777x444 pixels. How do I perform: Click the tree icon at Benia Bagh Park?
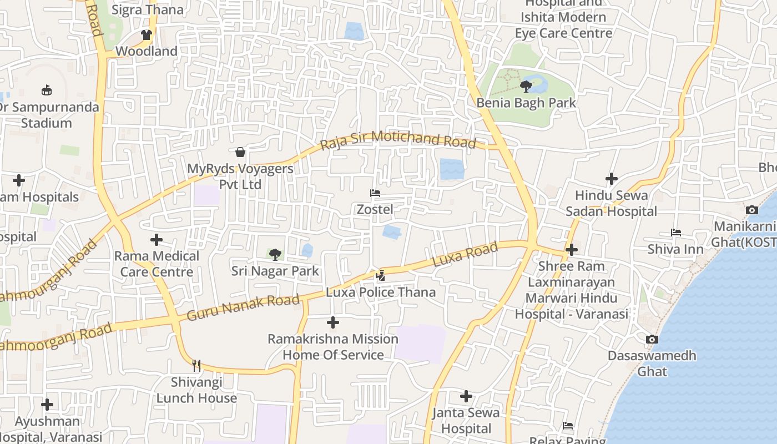click(x=526, y=86)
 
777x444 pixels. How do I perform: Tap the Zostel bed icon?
click(x=375, y=193)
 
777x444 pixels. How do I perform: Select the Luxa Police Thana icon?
click(x=381, y=275)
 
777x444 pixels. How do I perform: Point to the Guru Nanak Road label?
click(x=243, y=307)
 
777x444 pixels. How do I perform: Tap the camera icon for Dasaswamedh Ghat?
click(x=652, y=339)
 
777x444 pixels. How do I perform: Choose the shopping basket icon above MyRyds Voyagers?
click(x=240, y=152)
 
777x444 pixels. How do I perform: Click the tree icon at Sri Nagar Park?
click(x=275, y=255)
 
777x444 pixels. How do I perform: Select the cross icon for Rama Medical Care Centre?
click(x=157, y=240)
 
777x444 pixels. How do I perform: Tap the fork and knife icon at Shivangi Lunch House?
click(x=196, y=365)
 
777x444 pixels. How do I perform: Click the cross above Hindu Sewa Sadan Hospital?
click(x=612, y=179)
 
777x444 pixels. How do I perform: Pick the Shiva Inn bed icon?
click(x=676, y=233)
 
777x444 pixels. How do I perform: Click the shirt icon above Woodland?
click(x=147, y=34)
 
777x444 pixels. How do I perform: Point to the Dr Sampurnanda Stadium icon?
click(x=47, y=90)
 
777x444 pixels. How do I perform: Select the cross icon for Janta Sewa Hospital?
click(x=466, y=396)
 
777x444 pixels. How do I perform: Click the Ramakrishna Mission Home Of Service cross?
click(x=333, y=322)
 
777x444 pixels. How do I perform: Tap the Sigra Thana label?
click(x=148, y=9)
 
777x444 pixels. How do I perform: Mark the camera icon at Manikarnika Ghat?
click(x=752, y=210)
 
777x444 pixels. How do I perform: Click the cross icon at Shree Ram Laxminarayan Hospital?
click(x=572, y=250)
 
